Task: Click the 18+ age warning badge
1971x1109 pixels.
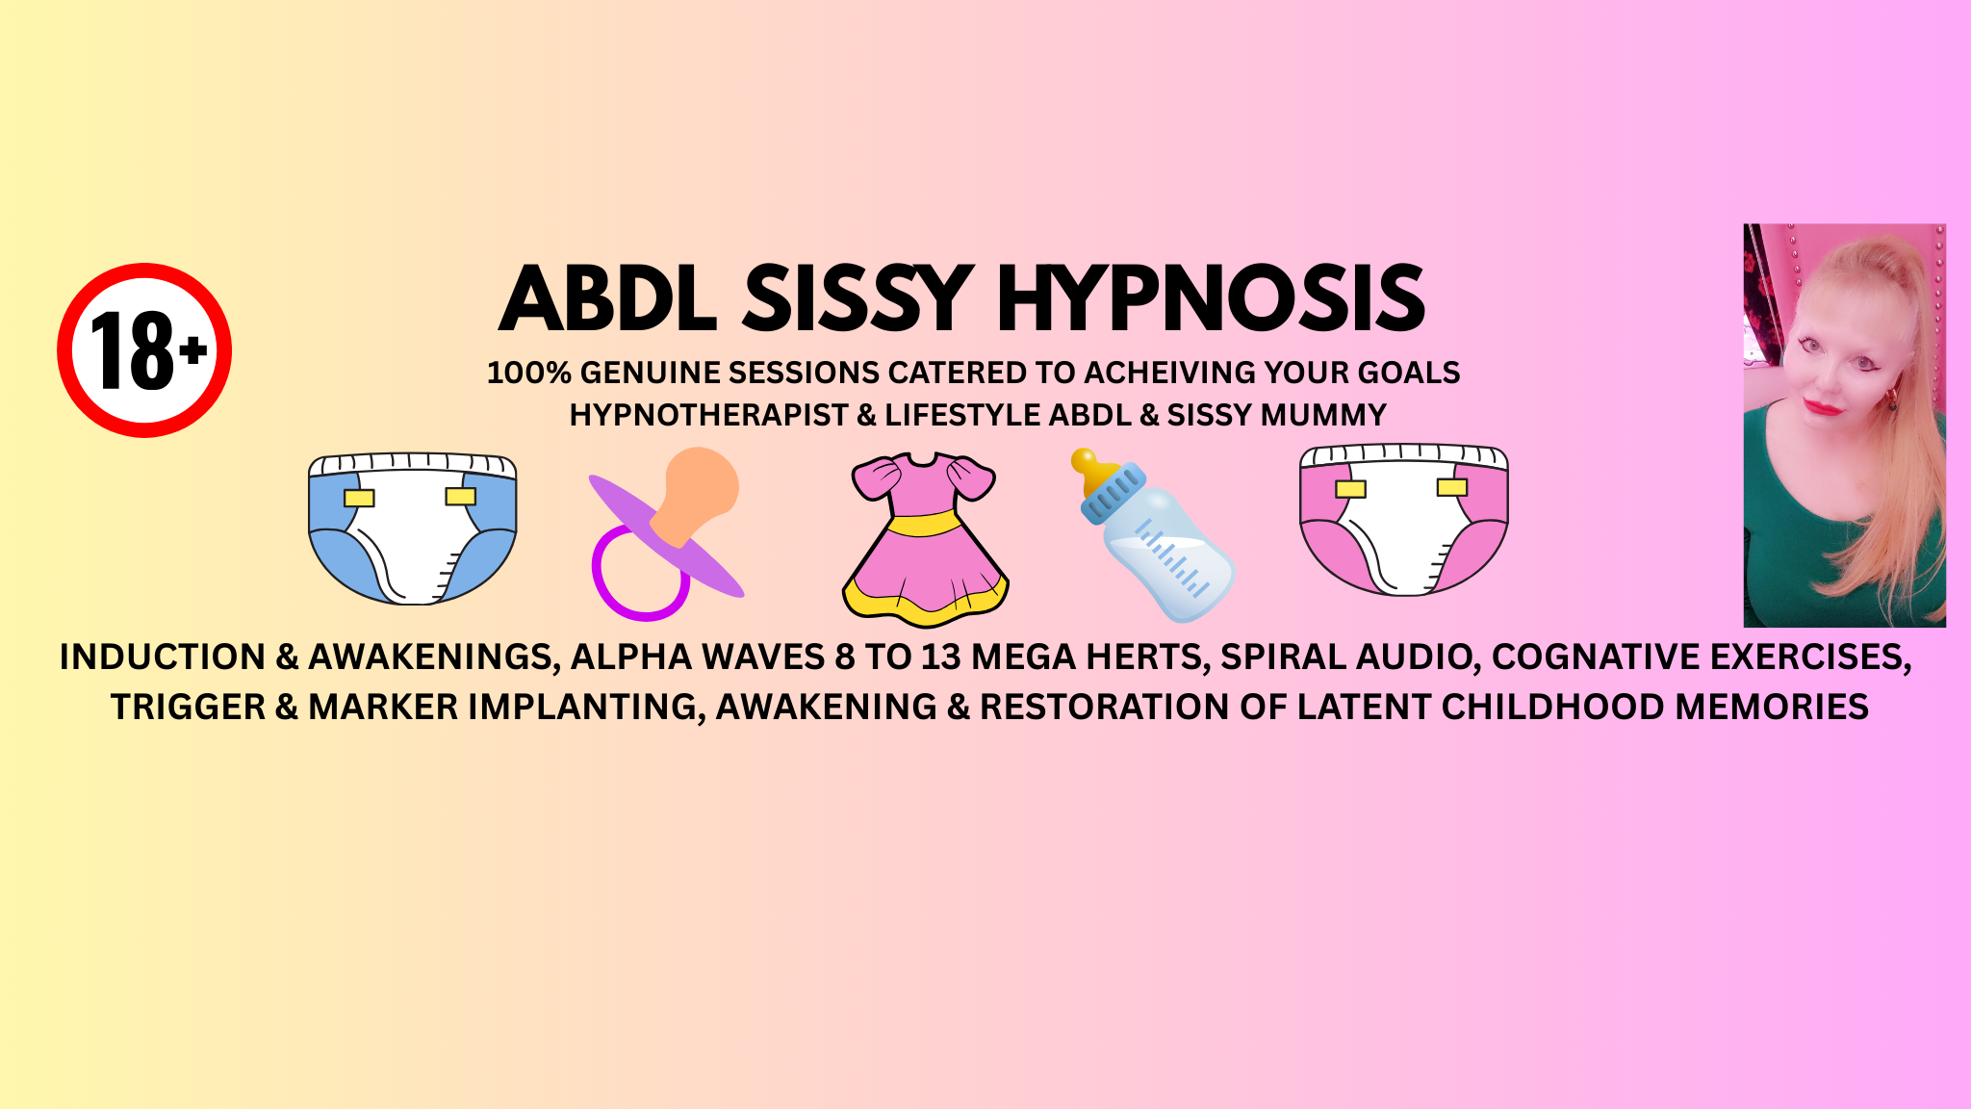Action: click(x=144, y=350)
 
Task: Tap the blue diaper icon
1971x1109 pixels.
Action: click(x=413, y=529)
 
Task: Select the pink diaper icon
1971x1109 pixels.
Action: click(x=1404, y=520)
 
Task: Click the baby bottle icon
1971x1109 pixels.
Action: click(x=1153, y=535)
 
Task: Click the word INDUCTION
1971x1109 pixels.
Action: click(x=163, y=657)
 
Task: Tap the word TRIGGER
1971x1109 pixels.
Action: click(x=188, y=707)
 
